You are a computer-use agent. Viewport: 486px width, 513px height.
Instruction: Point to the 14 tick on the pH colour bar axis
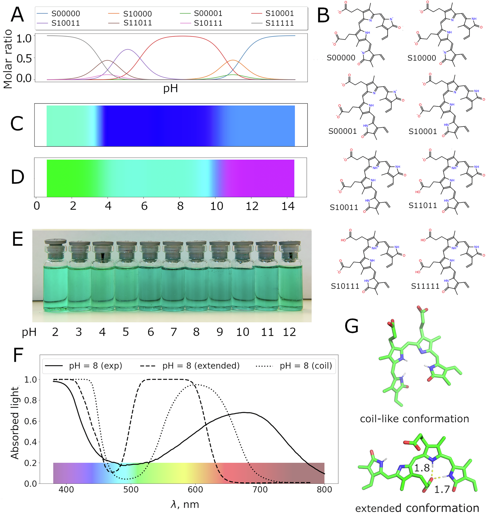288,206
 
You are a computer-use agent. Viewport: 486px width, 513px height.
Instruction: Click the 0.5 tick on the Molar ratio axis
24,58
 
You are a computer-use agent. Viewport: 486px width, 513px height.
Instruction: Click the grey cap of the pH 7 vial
173,244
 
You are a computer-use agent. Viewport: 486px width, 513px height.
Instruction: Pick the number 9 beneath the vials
220,332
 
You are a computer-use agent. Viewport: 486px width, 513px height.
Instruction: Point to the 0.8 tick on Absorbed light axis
30,400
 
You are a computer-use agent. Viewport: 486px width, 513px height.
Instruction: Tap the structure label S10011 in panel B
344,207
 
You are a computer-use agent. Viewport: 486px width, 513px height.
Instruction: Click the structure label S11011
423,206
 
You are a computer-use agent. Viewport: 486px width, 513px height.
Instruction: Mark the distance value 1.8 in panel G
422,468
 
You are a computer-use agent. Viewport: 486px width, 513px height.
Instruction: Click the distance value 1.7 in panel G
442,489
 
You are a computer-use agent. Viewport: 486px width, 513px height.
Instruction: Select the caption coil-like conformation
414,419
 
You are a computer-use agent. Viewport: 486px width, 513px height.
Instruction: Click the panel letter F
18,355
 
